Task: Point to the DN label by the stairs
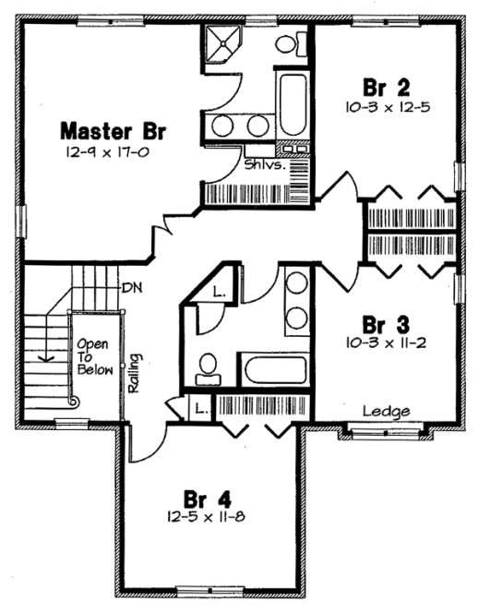click(x=131, y=287)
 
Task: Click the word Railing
click(x=135, y=372)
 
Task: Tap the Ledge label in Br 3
click(x=380, y=411)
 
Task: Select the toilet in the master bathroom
click(x=290, y=42)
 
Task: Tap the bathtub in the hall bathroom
click(x=275, y=368)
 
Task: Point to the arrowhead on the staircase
click(x=43, y=360)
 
